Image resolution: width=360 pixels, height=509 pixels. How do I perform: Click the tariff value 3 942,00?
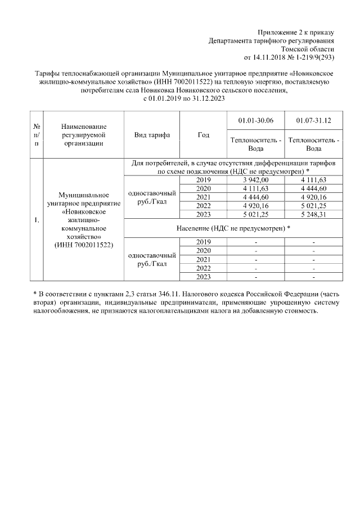[256, 179]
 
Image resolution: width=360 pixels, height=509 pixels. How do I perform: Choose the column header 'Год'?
[204, 135]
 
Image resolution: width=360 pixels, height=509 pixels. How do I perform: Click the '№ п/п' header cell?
[37, 135]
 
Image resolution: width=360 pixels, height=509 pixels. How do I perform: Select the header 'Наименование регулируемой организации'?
[83, 135]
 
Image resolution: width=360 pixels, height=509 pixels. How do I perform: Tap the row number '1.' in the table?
[37, 220]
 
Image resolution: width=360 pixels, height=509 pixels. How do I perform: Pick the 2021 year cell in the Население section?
[204, 259]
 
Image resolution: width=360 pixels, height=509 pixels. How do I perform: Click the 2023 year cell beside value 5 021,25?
[204, 214]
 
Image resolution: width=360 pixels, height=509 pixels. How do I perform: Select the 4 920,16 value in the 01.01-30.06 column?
[256, 205]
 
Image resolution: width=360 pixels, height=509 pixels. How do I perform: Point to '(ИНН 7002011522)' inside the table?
[83, 245]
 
